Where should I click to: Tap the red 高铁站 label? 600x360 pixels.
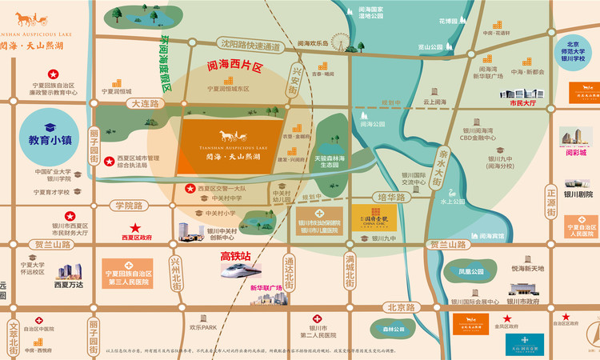pos(236,256)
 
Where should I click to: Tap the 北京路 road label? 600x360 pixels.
pos(400,306)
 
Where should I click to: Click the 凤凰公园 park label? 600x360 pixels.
pos(472,272)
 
